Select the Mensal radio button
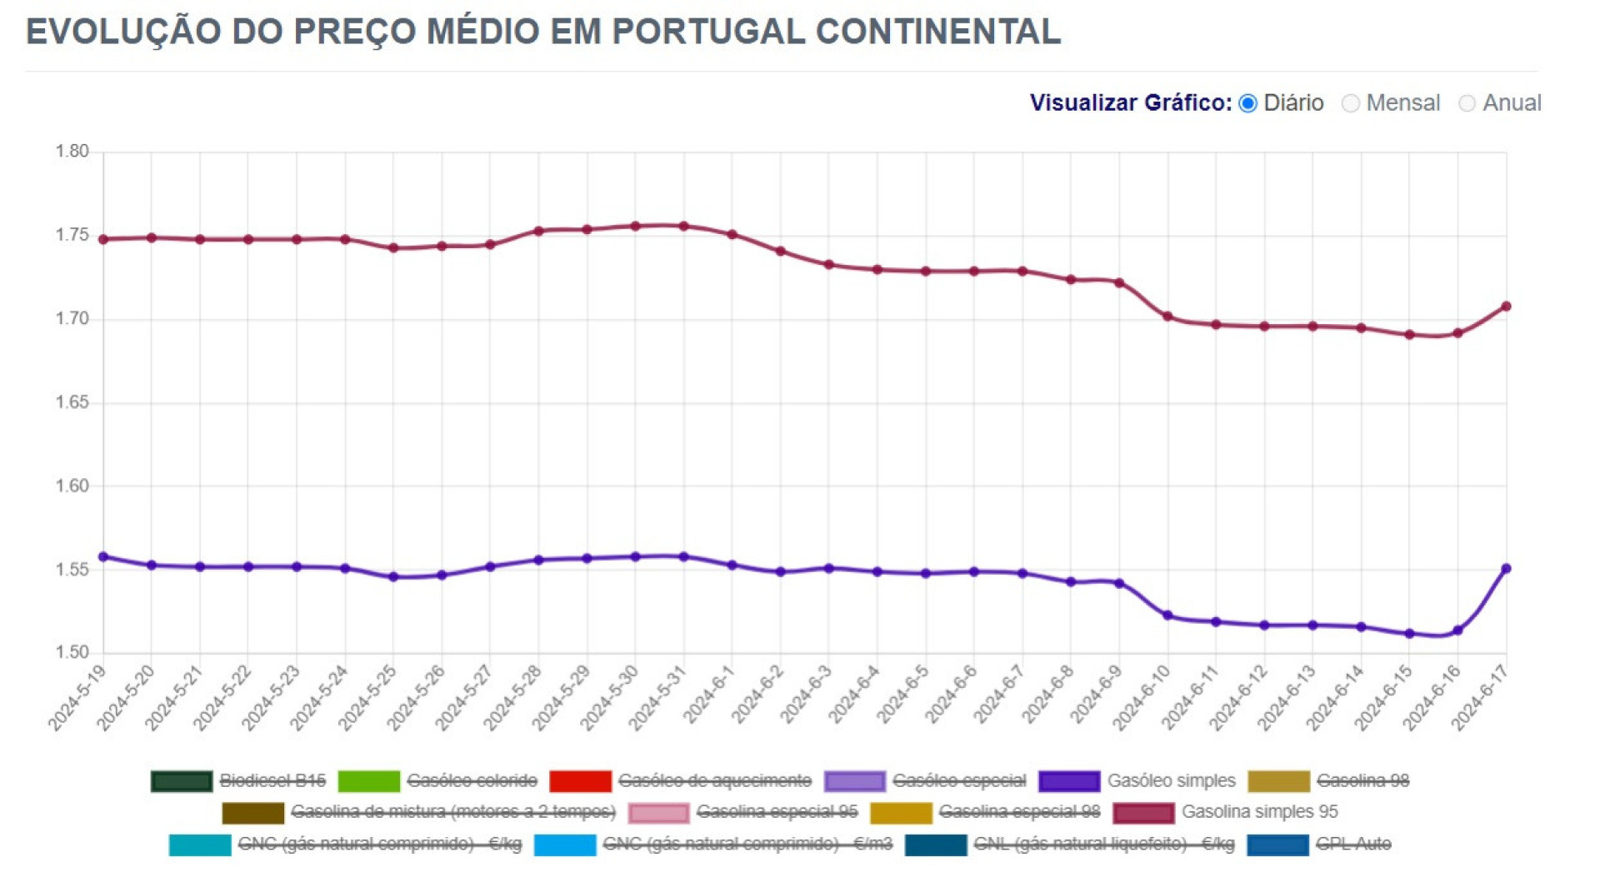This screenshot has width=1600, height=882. (1351, 103)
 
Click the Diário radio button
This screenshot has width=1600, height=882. (1247, 103)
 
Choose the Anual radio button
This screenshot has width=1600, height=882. (1467, 103)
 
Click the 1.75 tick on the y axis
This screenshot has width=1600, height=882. (72, 236)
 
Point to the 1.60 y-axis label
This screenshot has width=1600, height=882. (72, 486)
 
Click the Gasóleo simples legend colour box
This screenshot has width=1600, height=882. (1068, 781)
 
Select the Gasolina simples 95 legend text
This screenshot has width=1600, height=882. (1259, 812)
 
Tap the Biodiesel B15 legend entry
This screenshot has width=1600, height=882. (272, 781)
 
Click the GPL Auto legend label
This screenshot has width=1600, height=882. (1353, 845)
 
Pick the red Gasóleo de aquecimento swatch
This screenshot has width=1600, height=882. (580, 781)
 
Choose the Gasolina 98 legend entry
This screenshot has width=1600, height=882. (1362, 781)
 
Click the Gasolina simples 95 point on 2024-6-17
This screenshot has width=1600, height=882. (1506, 306)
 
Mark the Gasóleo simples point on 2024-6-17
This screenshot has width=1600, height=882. (1506, 569)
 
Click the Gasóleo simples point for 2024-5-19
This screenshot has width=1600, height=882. (103, 557)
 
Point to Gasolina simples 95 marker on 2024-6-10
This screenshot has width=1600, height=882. (1167, 316)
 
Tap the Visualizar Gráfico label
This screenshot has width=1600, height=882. (1130, 103)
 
